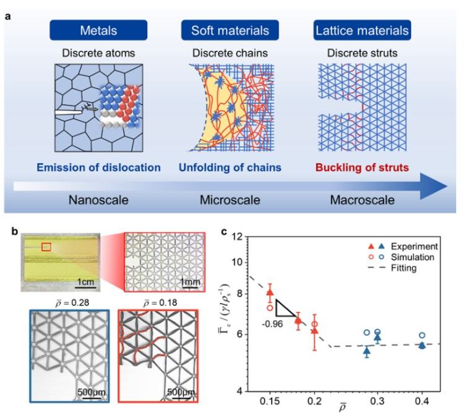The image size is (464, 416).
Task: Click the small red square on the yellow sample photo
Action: click(46, 247)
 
